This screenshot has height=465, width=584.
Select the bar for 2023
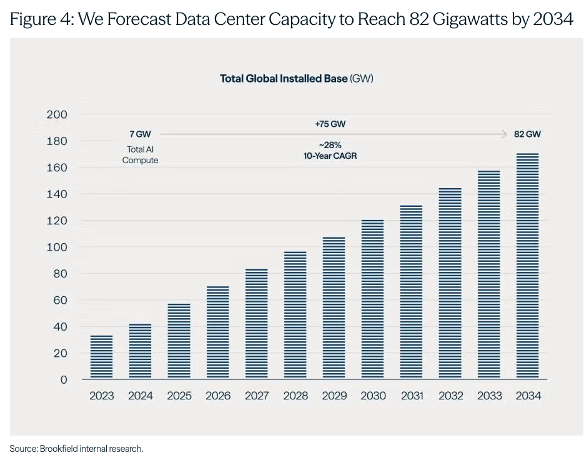pyautogui.click(x=101, y=357)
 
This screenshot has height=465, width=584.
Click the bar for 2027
pyautogui.click(x=257, y=323)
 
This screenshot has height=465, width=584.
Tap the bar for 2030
pyautogui.click(x=372, y=299)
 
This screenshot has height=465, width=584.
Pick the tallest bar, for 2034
pyautogui.click(x=527, y=266)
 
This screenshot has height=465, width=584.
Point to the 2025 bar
pyautogui.click(x=179, y=341)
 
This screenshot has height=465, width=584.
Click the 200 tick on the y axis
pyautogui.click(x=57, y=114)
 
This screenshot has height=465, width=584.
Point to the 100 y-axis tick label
pyautogui.click(x=57, y=247)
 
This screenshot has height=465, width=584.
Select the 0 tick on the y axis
pyautogui.click(x=64, y=379)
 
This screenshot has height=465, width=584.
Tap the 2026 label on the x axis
pyautogui.click(x=218, y=396)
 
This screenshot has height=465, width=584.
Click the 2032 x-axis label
pyautogui.click(x=451, y=396)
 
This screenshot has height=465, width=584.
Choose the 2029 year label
pyautogui.click(x=334, y=396)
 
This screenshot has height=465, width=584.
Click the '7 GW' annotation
pyautogui.click(x=140, y=134)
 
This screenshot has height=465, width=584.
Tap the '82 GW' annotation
pyautogui.click(x=527, y=134)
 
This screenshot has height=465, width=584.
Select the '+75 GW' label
pyautogui.click(x=330, y=124)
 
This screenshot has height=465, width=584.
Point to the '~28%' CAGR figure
pyautogui.click(x=330, y=145)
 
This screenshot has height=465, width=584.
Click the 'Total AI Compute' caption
pyautogui.click(x=140, y=154)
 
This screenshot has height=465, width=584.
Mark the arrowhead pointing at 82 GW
pyautogui.click(x=505, y=134)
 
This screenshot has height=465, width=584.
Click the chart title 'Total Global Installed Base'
pyautogui.click(x=284, y=79)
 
